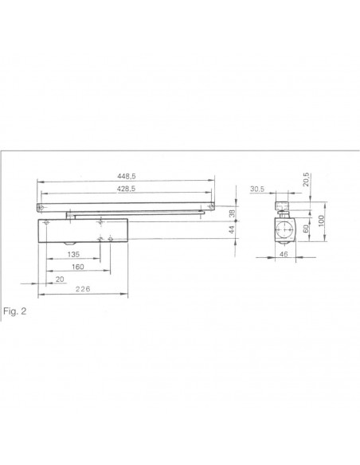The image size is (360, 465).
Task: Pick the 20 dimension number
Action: [x=61, y=279]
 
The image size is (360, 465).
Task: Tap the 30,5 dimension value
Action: [x=256, y=190]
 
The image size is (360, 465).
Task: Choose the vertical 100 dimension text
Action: [x=320, y=220]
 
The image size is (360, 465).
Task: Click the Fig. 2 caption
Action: [x=15, y=310]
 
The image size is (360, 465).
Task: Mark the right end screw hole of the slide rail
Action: [x=209, y=208]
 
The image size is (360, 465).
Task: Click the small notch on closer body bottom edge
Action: [x=69, y=242]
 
